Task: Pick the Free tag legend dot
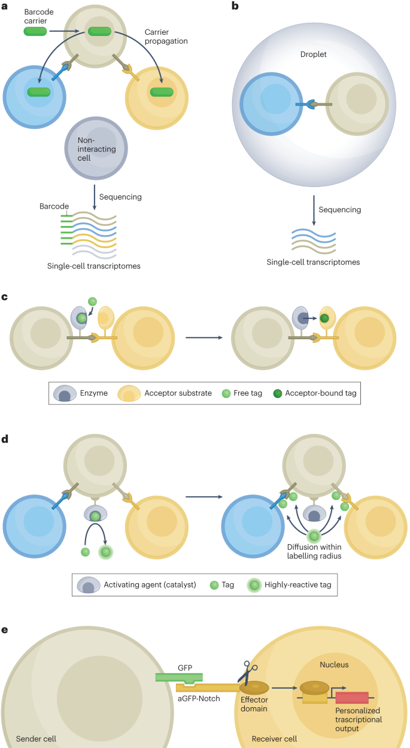coord(226,393)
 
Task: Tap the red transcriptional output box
coord(351,697)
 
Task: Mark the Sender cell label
coord(37,738)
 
